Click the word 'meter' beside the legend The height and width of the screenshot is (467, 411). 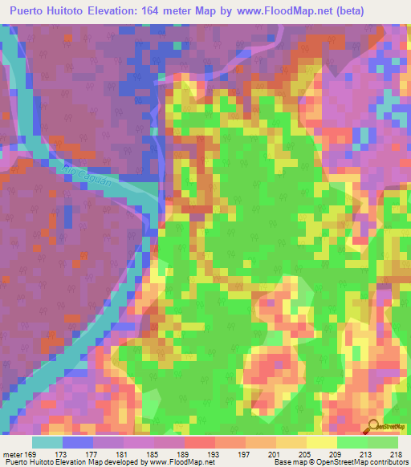13,453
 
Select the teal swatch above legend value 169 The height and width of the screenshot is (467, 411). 47,442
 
